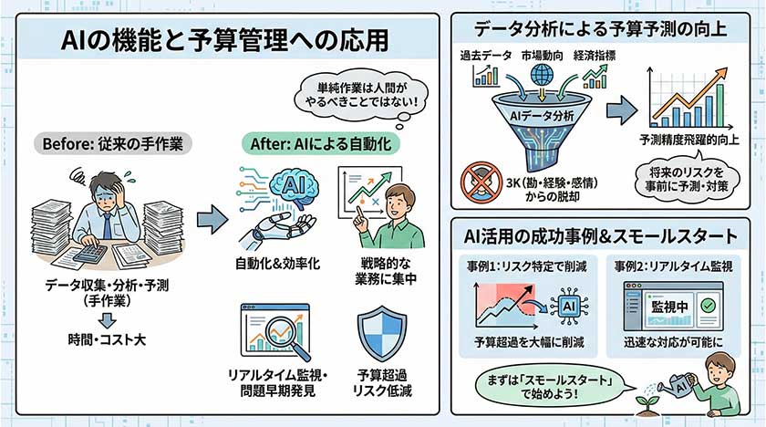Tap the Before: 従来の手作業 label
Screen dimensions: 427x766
point(111,144)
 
